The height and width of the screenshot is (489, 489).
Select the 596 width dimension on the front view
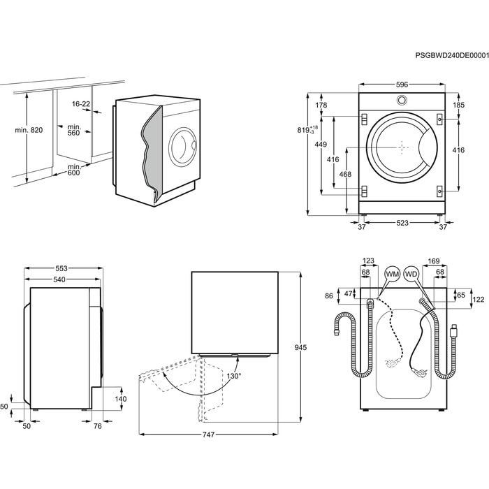click(x=402, y=85)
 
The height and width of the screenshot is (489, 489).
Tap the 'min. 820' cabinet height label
click(x=29, y=131)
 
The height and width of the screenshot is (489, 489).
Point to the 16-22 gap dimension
click(x=81, y=104)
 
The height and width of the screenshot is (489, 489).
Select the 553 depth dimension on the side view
click(x=62, y=269)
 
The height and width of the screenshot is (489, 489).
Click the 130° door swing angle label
click(x=233, y=376)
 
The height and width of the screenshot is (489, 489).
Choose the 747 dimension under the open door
click(x=208, y=435)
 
